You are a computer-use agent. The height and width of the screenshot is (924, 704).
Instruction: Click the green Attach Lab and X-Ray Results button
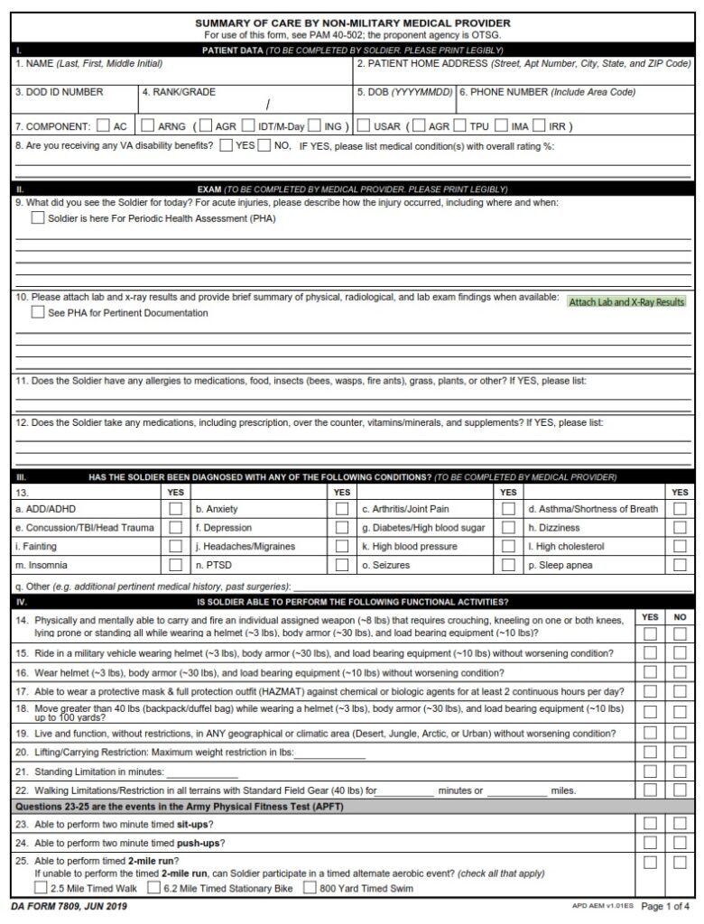(626, 302)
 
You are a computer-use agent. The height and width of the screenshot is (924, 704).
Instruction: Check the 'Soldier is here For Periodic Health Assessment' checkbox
(37, 218)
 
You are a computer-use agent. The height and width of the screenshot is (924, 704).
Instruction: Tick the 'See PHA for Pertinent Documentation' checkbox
(37, 313)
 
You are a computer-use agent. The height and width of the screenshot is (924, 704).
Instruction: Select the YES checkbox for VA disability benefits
(226, 145)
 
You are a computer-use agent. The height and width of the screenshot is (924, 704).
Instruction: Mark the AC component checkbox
(104, 126)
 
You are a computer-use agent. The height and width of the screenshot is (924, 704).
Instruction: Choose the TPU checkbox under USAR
(460, 126)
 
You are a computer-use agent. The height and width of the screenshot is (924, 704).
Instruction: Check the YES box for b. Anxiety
(342, 509)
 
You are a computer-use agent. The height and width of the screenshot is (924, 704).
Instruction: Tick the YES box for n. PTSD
(342, 566)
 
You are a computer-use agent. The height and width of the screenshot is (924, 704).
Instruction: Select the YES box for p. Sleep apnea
(680, 566)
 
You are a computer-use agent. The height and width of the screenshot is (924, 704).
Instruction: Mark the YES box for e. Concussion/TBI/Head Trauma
(176, 528)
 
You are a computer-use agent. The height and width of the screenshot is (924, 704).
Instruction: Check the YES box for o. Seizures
(509, 566)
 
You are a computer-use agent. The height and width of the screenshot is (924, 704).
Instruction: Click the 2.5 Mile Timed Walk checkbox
(42, 888)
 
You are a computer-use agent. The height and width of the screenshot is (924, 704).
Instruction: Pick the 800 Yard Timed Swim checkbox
(310, 888)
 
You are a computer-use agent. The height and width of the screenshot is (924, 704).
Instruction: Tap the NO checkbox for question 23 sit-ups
(680, 824)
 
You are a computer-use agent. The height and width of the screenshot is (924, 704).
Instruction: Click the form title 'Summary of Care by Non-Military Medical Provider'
(353, 23)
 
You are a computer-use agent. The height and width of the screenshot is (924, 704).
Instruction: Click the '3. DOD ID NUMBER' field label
(60, 92)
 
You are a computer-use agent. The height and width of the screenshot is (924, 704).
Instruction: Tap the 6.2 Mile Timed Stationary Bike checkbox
(154, 888)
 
